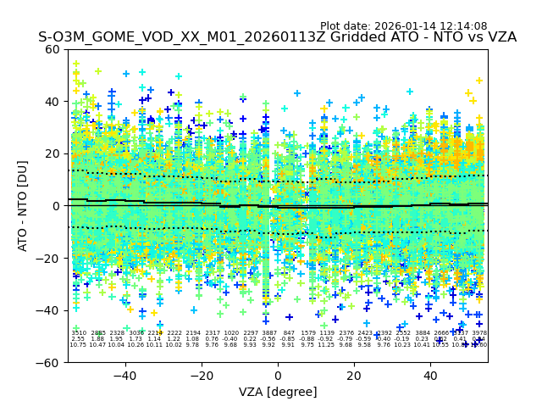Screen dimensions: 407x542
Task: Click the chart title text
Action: click(277, 38)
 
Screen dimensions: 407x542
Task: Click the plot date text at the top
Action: click(403, 26)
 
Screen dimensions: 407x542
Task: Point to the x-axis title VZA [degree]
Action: click(278, 392)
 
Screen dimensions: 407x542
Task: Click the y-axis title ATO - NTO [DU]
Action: click(24, 206)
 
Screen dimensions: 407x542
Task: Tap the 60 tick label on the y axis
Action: click(53, 49)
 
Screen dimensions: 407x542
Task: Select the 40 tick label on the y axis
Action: click(53, 102)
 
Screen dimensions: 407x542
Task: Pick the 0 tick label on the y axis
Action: click(56, 206)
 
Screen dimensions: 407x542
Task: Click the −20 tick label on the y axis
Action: click(49, 259)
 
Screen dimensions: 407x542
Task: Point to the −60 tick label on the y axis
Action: click(49, 363)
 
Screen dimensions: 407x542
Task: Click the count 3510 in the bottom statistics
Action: click(79, 334)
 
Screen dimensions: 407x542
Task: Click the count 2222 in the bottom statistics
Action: click(174, 334)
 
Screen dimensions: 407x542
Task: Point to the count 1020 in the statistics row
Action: click(231, 334)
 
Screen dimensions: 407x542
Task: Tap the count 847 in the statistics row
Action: click(289, 334)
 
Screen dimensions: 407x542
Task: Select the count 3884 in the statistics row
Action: click(423, 334)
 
